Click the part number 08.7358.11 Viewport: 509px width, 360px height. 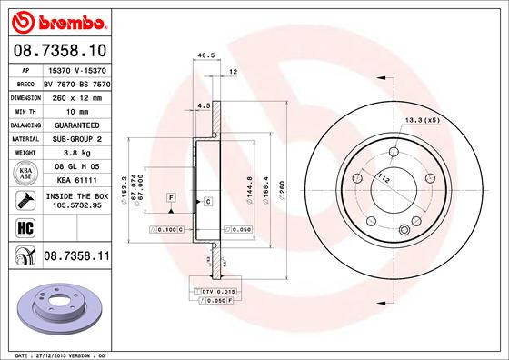coord(76,258)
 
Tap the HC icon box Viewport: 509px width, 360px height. coord(25,227)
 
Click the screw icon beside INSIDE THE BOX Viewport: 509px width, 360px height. coord(25,198)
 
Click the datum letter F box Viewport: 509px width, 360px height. coord(170,197)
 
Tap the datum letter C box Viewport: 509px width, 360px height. coord(207,200)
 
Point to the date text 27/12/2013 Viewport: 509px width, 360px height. coord(55,354)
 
